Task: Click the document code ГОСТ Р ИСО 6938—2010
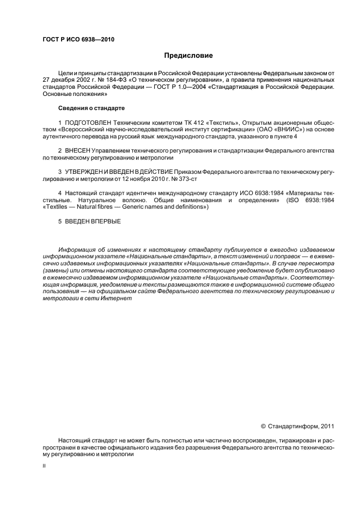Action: [x=78, y=39]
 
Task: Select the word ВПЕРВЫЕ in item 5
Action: [x=106, y=222]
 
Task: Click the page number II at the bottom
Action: [x=44, y=467]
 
